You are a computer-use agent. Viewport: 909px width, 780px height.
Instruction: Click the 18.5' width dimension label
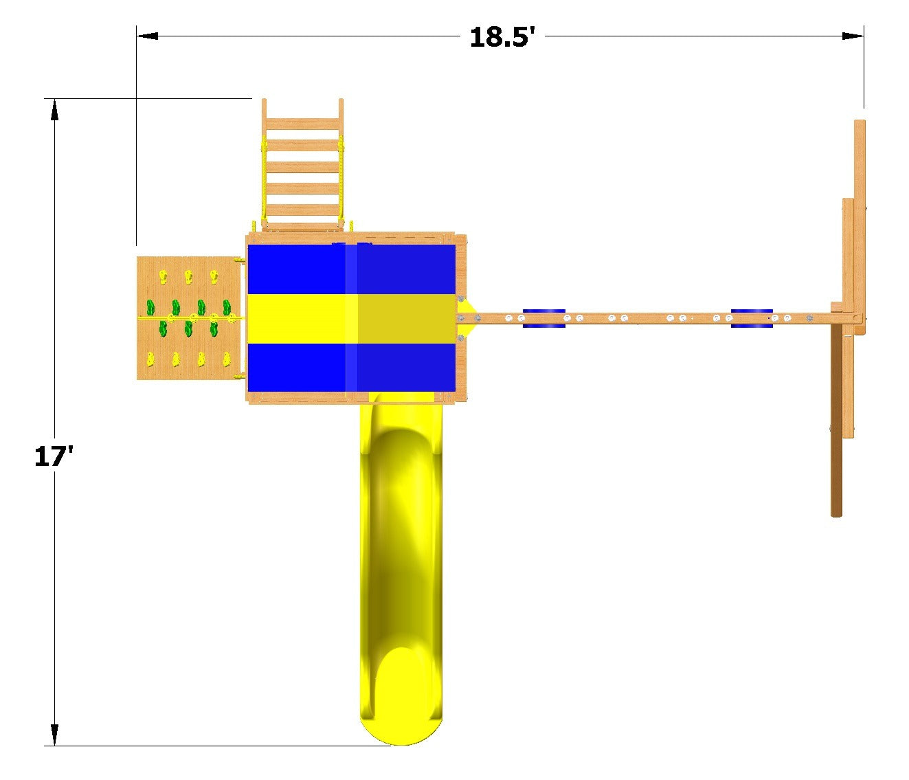[x=502, y=37]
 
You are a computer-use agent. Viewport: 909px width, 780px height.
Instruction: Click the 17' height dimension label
[x=54, y=456]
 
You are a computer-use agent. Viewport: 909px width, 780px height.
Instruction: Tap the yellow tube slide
[x=401, y=568]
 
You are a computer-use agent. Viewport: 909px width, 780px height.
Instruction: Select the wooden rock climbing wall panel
[x=190, y=317]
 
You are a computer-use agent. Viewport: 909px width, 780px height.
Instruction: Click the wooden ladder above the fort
[x=302, y=164]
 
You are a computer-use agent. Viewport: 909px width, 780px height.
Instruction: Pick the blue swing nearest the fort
[x=544, y=318]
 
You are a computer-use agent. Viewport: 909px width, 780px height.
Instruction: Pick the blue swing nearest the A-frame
[x=752, y=318]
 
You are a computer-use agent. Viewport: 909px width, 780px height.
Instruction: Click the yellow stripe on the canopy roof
[x=351, y=318]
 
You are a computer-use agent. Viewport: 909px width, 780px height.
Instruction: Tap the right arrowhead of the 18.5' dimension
[x=853, y=36]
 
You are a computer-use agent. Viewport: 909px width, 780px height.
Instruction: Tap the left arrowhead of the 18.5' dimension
[x=147, y=36]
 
